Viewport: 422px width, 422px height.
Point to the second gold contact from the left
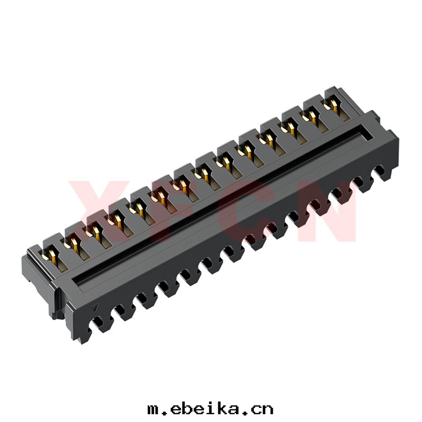click(73, 244)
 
